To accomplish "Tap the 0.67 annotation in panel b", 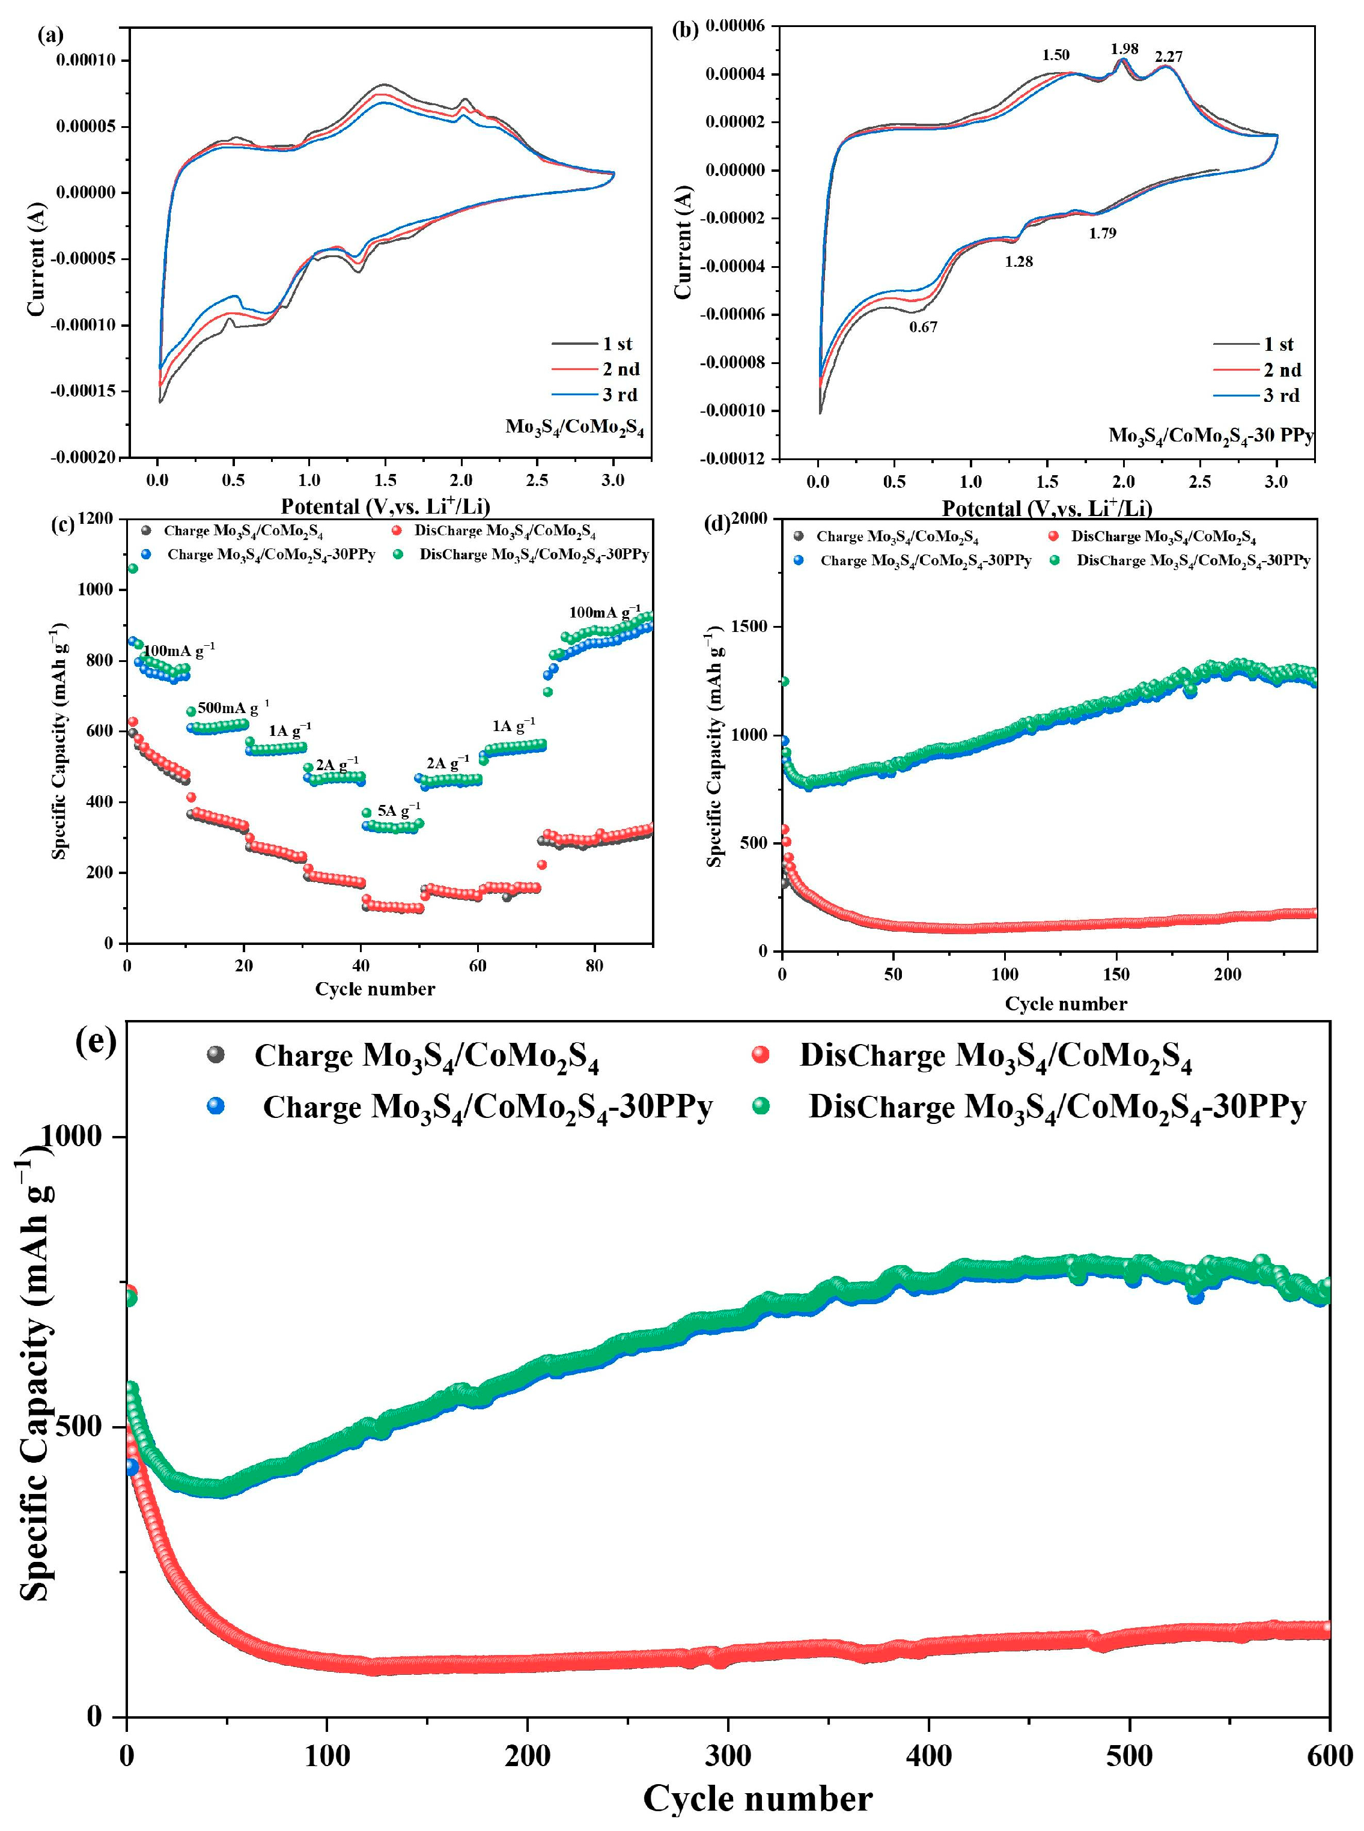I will [x=923, y=327].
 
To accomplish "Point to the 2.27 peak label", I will [x=1168, y=57].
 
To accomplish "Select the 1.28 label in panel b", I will [x=1019, y=262].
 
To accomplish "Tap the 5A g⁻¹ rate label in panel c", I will [x=399, y=810].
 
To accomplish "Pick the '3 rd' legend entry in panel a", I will [x=620, y=395].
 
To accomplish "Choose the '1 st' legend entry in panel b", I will [x=1278, y=344].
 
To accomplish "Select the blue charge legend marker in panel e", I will [x=216, y=1105].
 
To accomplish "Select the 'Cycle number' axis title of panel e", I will [x=757, y=1799].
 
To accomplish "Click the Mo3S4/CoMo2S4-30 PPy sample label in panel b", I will [x=1210, y=435].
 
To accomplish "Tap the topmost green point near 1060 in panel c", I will [x=132, y=568].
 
